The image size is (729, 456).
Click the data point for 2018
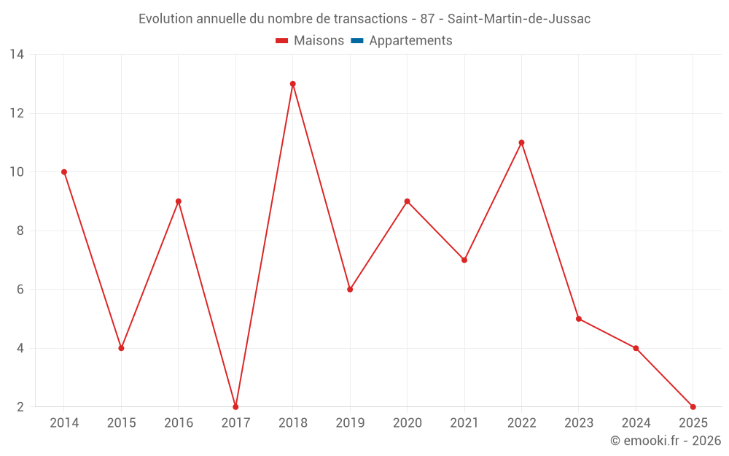292,84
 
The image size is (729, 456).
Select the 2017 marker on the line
235,406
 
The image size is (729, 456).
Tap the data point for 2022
521,142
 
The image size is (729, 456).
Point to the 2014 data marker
64,172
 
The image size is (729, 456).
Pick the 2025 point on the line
693,406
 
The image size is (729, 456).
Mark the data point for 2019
350,290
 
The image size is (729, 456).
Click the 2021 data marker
464,260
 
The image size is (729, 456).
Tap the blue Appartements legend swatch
356,41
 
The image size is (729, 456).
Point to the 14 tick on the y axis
17,55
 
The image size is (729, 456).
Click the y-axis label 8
20,231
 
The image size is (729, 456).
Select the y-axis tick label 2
20,406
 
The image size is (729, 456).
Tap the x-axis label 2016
179,423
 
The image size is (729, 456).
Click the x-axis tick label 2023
578,423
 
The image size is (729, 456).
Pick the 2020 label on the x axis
407,423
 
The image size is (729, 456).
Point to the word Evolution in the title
165,19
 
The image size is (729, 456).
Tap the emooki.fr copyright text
666,441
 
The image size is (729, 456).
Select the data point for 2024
636,348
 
